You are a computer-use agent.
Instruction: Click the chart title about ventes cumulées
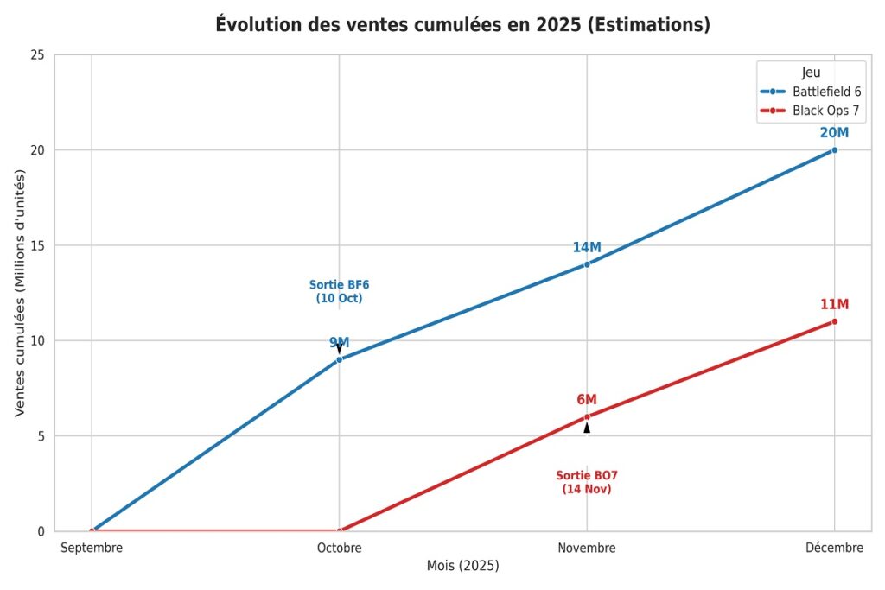[462, 25]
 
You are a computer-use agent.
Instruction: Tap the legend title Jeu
[811, 73]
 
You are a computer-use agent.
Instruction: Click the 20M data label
[834, 133]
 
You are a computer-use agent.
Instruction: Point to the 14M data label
[587, 248]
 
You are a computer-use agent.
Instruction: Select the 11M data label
[834, 305]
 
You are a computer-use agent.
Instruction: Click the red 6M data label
[587, 400]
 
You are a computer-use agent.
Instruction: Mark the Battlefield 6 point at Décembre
[834, 150]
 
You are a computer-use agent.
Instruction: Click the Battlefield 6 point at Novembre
[587, 264]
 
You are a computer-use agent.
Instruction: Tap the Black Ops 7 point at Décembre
[834, 321]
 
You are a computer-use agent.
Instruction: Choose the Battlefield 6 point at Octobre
[340, 359]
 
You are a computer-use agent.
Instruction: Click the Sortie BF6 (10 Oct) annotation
[339, 292]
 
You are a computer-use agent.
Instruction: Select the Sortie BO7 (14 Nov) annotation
[587, 482]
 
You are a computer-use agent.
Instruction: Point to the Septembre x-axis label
[92, 548]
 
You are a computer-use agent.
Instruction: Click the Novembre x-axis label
[587, 548]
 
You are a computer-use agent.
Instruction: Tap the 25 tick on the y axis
[38, 55]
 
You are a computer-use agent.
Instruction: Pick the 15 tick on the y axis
[38, 245]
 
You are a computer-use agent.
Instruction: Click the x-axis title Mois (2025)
[462, 567]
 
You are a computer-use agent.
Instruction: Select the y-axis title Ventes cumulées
[20, 292]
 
